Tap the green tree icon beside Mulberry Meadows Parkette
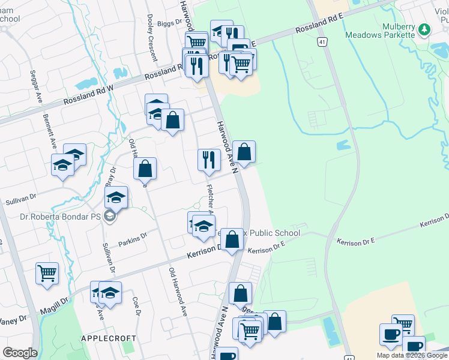[424, 28]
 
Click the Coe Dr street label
[136, 305]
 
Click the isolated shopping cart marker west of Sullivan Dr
[47, 274]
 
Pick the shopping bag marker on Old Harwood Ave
[145, 169]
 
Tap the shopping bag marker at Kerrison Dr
[233, 240]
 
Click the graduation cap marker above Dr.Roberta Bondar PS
[116, 197]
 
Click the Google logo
[20, 353]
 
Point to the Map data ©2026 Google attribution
[411, 355]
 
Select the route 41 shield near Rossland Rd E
[323, 42]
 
